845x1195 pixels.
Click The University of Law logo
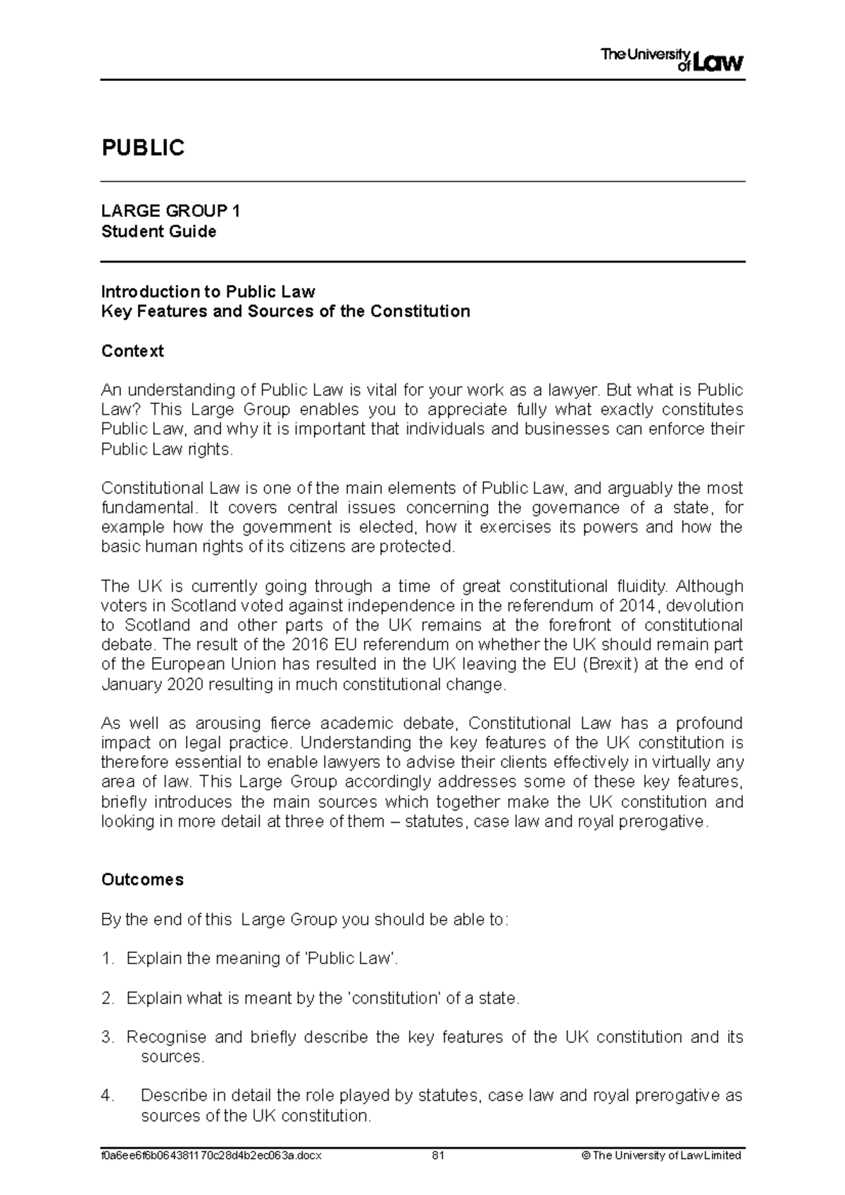pyautogui.click(x=672, y=60)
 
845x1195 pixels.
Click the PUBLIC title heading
pyautogui.click(x=143, y=148)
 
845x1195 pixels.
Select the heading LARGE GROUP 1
pyautogui.click(x=170, y=211)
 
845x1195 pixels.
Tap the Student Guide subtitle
pyautogui.click(x=158, y=232)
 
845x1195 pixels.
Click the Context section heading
pyautogui.click(x=132, y=350)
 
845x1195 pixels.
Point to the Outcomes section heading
pyautogui.click(x=142, y=880)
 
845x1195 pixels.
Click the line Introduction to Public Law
pyautogui.click(x=208, y=291)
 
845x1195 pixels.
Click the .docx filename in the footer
pyautogui.click(x=211, y=1156)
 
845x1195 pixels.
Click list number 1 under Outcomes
pyautogui.click(x=107, y=959)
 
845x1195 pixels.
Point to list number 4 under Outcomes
pyautogui.click(x=107, y=1096)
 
